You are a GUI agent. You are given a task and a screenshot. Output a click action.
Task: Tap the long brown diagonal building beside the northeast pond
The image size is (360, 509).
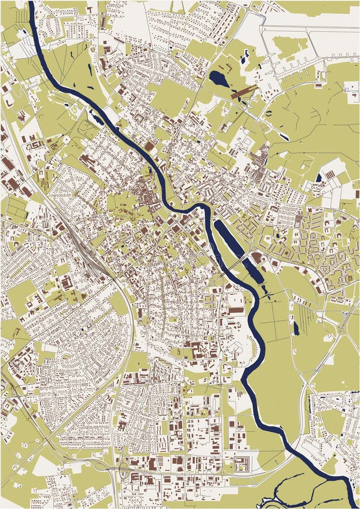244,93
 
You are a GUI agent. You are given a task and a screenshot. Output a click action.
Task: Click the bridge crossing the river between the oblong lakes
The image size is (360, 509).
237,264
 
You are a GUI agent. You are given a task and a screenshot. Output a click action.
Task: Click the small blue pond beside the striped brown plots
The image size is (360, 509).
319,178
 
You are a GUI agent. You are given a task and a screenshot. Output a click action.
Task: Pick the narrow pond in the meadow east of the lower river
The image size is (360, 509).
296,327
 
